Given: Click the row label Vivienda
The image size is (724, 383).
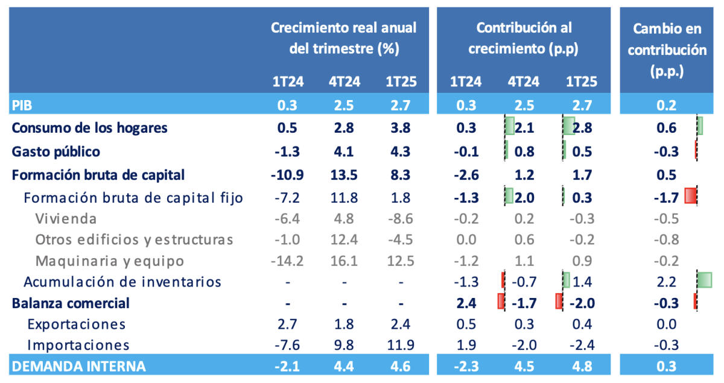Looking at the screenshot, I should point(66,218).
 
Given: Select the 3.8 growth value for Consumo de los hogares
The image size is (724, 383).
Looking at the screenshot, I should point(397,128).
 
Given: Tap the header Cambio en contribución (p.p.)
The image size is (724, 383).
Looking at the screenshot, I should point(667,50).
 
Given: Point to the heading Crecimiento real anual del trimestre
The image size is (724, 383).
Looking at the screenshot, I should point(343,38).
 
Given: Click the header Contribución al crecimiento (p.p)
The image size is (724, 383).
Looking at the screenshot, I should point(524,38).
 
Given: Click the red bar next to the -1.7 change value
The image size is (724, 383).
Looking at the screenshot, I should point(691,196).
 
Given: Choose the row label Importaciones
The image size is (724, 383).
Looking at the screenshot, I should point(78,345).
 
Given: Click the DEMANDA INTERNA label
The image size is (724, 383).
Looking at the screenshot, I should point(78,366).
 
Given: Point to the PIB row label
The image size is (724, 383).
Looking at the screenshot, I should point(22,106).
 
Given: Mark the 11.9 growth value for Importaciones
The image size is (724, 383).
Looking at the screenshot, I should point(397,345).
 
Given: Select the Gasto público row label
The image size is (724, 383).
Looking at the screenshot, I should point(56,151).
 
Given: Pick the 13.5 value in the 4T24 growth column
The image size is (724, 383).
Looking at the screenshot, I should point(346,175).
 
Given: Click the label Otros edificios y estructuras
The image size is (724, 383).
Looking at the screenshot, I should point(134,239).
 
